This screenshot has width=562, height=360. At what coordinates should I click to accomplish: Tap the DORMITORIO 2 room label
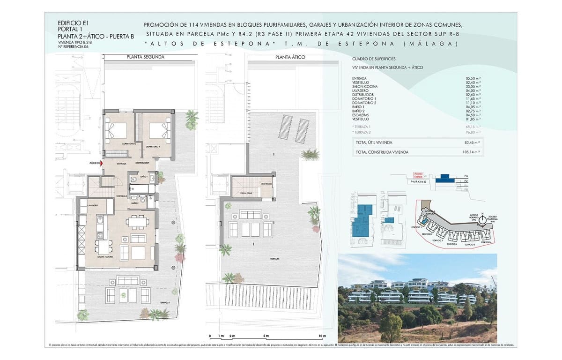pos(116,143)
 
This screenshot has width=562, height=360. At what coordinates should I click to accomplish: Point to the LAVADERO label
pos(92,205)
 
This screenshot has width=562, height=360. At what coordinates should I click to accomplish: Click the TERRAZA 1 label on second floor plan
pos(164,302)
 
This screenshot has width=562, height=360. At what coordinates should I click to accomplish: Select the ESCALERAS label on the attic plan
pos(247,193)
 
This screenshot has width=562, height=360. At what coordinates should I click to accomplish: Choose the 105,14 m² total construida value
pos(471,152)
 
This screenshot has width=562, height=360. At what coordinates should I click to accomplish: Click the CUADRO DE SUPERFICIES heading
pos(374,59)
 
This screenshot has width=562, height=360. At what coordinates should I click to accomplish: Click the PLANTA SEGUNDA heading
pos(146,57)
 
